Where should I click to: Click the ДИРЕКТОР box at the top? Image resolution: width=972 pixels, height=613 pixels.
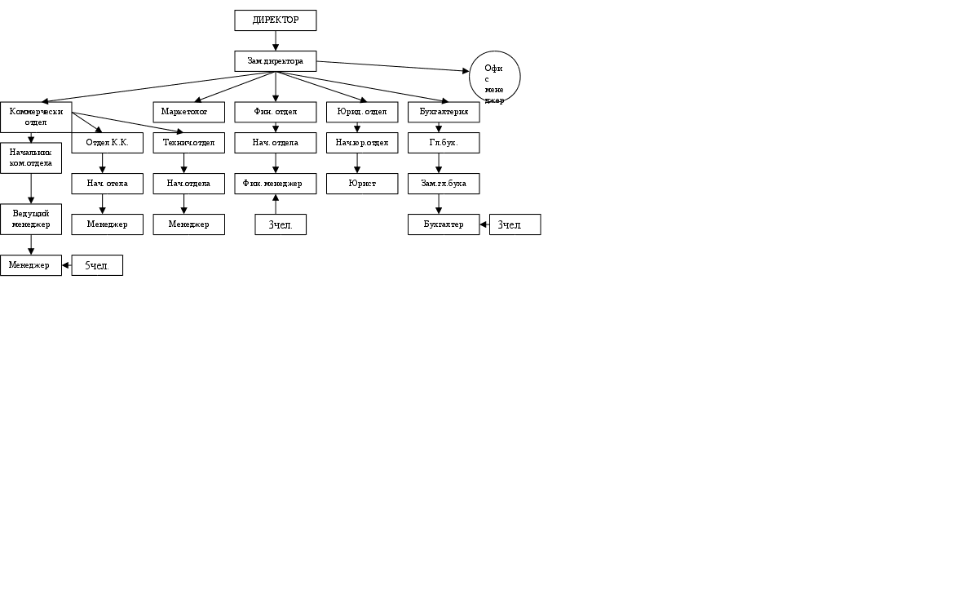tap(275, 20)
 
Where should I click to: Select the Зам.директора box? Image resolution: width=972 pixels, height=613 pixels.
tap(275, 61)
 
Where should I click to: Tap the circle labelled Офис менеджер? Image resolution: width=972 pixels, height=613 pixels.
tap(494, 77)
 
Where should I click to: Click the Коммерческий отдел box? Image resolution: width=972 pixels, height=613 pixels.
tap(36, 117)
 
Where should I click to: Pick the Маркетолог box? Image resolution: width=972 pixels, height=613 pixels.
tap(188, 112)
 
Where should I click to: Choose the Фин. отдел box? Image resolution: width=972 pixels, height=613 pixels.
tap(275, 112)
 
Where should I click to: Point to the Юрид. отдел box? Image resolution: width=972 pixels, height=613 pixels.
tap(361, 112)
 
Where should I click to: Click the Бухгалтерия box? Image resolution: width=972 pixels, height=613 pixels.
tap(443, 112)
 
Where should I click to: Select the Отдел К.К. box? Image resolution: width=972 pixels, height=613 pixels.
tap(107, 143)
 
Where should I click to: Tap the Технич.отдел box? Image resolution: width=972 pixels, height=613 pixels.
tap(188, 143)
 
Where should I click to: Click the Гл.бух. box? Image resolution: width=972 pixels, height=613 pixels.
tap(443, 143)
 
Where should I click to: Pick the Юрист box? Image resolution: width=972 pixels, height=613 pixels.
tap(361, 184)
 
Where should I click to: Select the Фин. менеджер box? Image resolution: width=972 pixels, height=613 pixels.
tap(275, 184)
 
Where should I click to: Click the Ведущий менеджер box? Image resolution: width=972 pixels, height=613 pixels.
tap(31, 219)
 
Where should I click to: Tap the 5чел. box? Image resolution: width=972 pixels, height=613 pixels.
tap(97, 265)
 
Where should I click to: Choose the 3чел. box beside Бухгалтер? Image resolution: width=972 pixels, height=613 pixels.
tap(515, 224)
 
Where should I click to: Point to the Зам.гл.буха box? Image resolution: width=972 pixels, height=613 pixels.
tap(443, 184)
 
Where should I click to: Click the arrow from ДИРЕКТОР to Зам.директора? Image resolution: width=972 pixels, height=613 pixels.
tap(276, 41)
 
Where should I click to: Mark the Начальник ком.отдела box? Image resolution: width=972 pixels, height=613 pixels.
tap(31, 158)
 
